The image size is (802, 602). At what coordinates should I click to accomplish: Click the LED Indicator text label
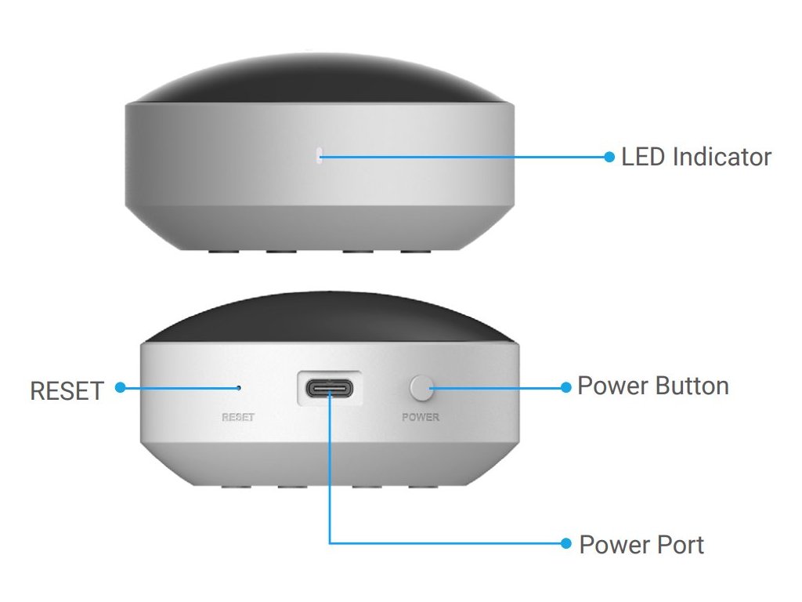click(695, 157)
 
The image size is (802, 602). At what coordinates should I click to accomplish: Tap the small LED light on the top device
click(318, 156)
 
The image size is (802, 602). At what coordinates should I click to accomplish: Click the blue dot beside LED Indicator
click(610, 157)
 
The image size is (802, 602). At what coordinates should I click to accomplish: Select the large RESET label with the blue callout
click(66, 390)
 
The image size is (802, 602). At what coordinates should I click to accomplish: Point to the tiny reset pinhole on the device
click(239, 386)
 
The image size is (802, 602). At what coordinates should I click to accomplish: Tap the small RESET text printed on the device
click(237, 417)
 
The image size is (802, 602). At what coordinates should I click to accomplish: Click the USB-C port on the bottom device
click(330, 388)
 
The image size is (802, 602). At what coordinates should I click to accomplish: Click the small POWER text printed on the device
click(421, 417)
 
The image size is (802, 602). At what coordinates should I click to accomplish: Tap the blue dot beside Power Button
click(567, 386)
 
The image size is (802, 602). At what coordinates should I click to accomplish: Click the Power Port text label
click(641, 544)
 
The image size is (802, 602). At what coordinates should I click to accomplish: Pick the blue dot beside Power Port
click(567, 542)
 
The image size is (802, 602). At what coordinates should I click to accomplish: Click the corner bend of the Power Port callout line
click(331, 542)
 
